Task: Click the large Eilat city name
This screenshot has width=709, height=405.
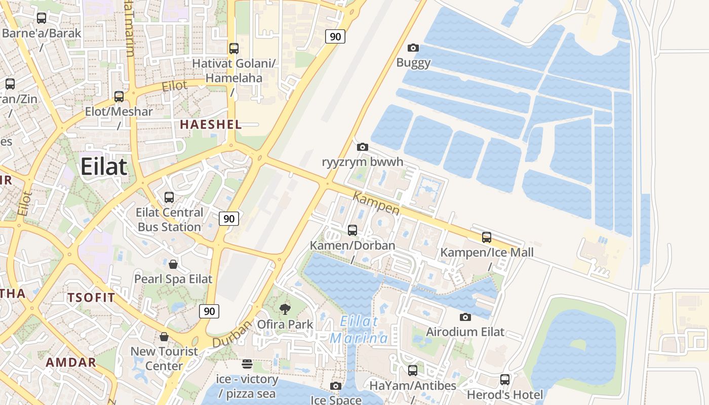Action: click(104, 166)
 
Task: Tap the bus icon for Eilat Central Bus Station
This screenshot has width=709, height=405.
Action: click(169, 197)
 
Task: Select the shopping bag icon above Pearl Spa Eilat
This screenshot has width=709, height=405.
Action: click(173, 264)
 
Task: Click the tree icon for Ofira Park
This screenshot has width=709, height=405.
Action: click(285, 309)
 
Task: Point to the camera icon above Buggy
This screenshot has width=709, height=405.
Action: click(413, 48)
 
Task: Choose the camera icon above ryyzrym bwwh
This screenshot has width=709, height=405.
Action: click(363, 147)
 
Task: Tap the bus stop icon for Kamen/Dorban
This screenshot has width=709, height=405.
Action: click(352, 230)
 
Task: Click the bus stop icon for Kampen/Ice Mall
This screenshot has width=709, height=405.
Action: click(487, 237)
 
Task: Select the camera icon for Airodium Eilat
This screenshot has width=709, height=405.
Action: click(465, 317)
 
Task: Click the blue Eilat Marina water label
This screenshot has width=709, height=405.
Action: click(359, 330)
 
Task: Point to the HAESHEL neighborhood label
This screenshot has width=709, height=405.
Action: click(211, 125)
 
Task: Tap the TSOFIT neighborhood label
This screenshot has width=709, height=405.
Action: click(92, 297)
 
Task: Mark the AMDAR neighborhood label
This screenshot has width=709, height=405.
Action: click(71, 362)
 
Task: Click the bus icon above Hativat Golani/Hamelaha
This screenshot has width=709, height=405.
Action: click(234, 49)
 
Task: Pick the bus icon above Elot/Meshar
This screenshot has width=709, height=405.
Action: click(119, 96)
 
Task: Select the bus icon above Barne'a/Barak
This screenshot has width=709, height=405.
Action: click(42, 18)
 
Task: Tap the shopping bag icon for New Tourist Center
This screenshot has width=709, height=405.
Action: click(164, 337)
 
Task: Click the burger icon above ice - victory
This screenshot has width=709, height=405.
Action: click(247, 363)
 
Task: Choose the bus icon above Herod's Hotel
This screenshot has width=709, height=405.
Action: click(505, 380)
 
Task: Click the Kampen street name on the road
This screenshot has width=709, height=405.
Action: click(376, 203)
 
